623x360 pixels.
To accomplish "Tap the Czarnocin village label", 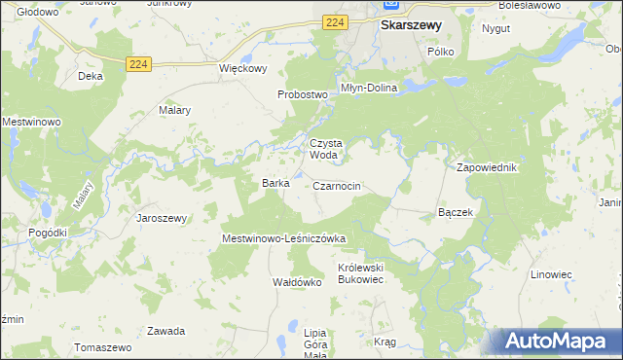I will tap(338, 185).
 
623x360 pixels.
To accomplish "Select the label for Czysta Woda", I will tap(325, 148).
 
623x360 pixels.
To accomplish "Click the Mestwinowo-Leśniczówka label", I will tap(284, 237).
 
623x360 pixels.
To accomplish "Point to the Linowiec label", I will tap(551, 274).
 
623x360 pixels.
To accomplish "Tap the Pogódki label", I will tap(48, 233).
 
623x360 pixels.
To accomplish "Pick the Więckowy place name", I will tap(242, 69).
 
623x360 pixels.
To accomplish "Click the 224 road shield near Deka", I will tap(138, 64).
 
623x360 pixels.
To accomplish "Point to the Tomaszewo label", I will tap(102, 347).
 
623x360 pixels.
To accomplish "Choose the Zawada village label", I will tap(165, 331).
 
